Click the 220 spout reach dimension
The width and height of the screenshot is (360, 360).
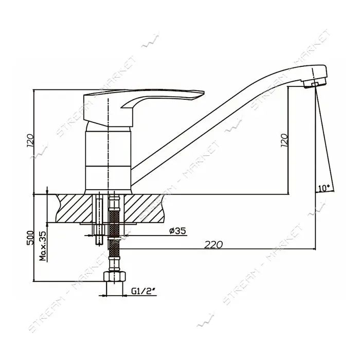click(x=213, y=245)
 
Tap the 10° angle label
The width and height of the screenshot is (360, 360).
click(x=324, y=188)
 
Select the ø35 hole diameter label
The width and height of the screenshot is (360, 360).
click(x=178, y=231)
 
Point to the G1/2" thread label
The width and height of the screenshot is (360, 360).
click(x=144, y=291)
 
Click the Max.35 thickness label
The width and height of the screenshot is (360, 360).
click(x=43, y=246)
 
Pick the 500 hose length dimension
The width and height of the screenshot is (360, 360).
click(x=30, y=238)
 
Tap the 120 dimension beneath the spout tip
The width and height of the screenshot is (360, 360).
click(x=284, y=140)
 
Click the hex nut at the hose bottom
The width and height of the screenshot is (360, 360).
click(x=115, y=277)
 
